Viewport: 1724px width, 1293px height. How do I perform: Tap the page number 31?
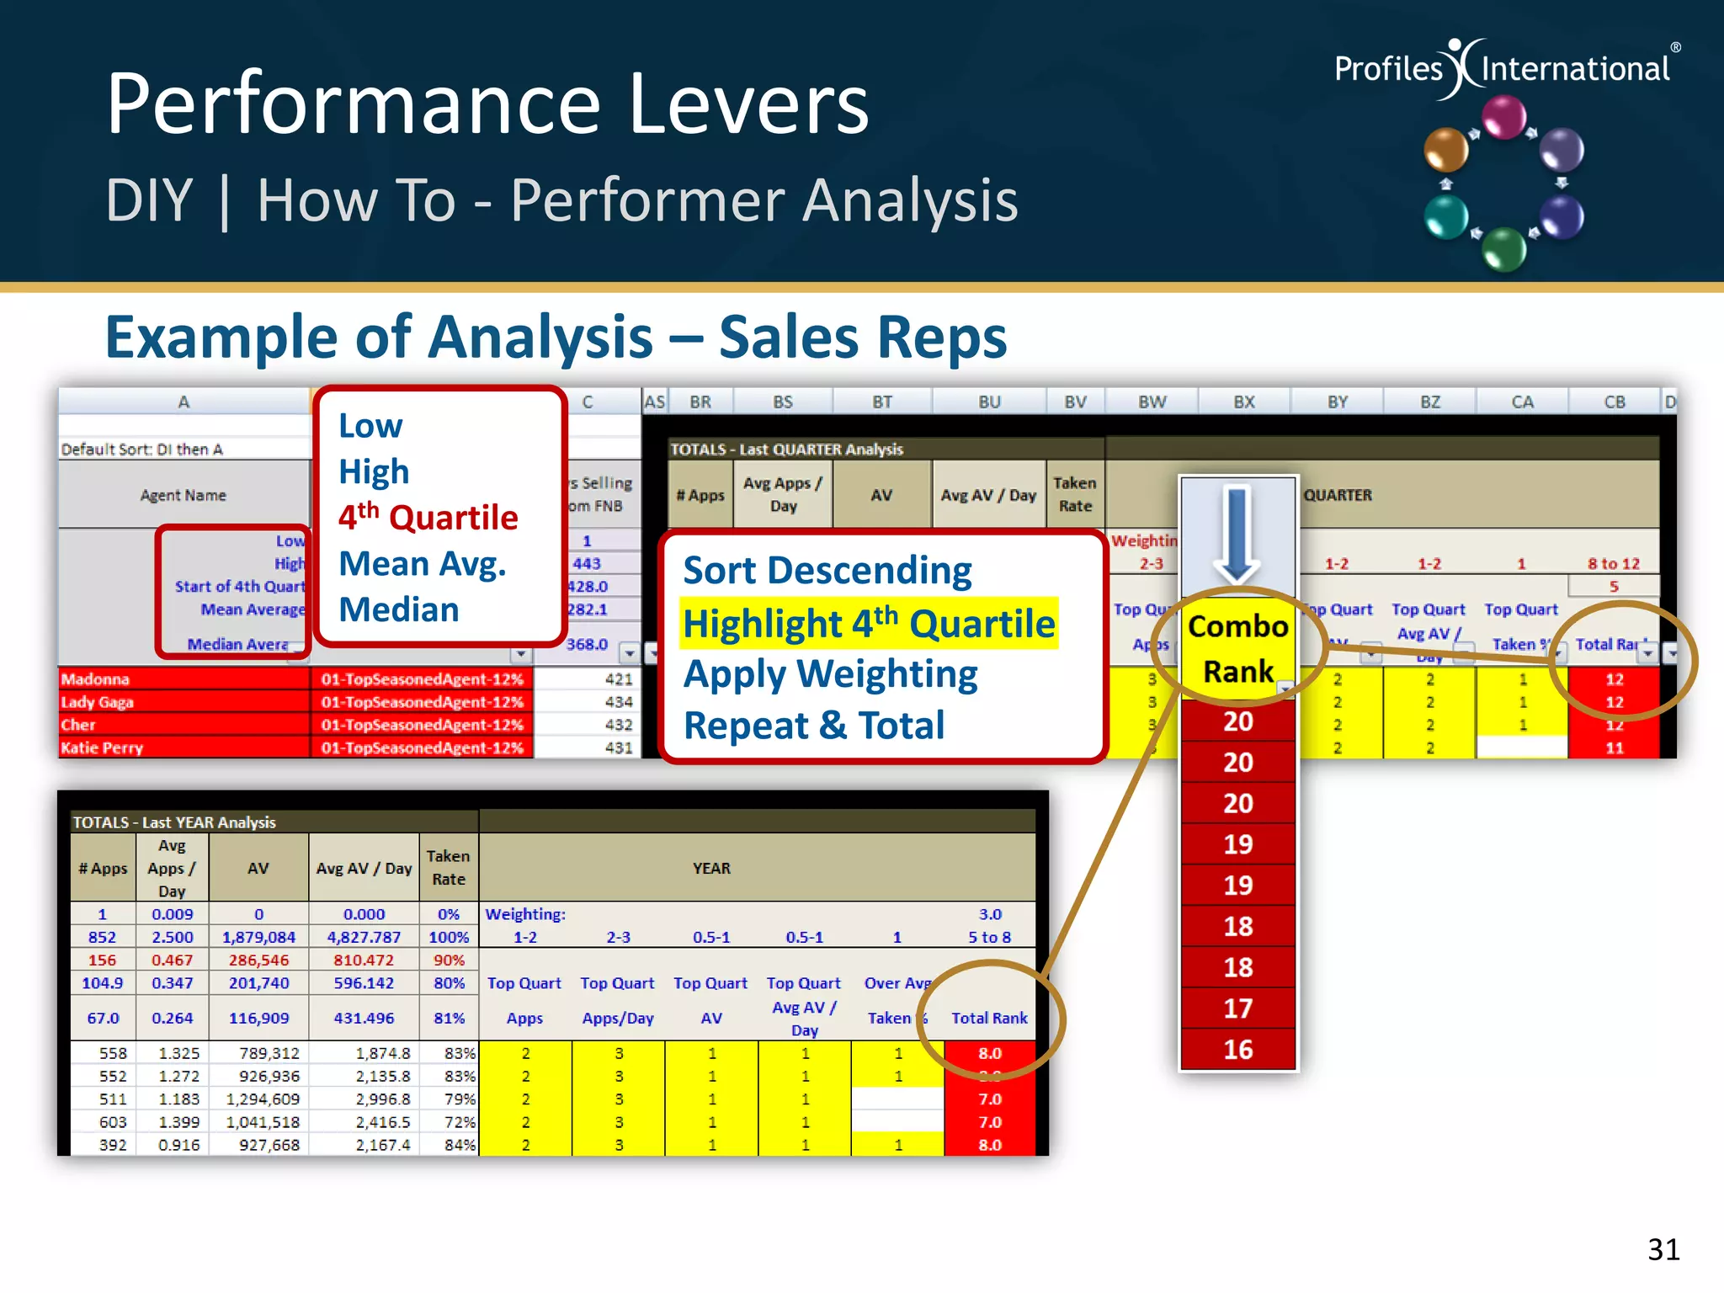(1663, 1249)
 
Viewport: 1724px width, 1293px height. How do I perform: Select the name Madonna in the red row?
(95, 679)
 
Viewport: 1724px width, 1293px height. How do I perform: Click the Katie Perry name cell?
(102, 748)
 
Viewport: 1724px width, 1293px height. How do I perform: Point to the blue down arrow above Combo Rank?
(1237, 535)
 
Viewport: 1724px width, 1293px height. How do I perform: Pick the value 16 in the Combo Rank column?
(1237, 1050)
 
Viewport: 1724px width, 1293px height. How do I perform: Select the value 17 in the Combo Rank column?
(1237, 1008)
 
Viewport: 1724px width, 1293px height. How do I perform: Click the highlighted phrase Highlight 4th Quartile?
(868, 624)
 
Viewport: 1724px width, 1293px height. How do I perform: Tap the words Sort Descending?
(827, 571)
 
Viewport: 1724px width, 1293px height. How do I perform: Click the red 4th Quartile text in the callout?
(428, 517)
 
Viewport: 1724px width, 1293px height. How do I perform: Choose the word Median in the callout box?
(399, 609)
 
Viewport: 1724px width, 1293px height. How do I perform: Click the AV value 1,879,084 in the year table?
(258, 937)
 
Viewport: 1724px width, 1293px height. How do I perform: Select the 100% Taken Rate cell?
(449, 937)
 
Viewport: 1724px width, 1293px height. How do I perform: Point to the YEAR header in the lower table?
(711, 868)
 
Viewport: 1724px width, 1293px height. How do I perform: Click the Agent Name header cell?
(183, 495)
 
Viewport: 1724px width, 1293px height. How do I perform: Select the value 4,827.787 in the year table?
(364, 937)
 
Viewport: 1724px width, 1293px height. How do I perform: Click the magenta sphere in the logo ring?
(1503, 117)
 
